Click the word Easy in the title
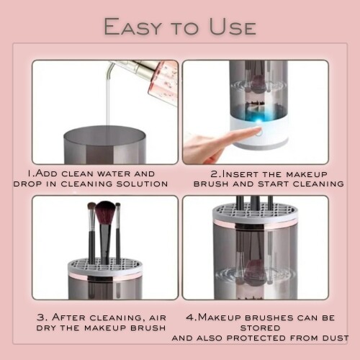click(x=132, y=27)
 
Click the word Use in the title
click(x=233, y=27)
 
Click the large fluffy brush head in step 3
click(x=105, y=212)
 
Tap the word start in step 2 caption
click(x=273, y=184)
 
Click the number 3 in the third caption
click(x=40, y=318)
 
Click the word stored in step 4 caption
click(x=260, y=328)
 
